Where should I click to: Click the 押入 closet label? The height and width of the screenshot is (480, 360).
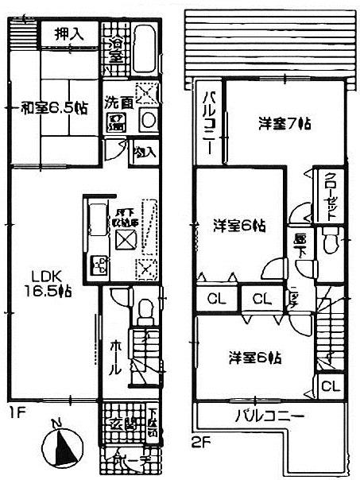click(69, 34)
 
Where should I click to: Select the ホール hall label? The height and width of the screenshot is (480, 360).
click(114, 357)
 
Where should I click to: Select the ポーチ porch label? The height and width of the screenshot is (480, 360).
click(126, 460)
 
